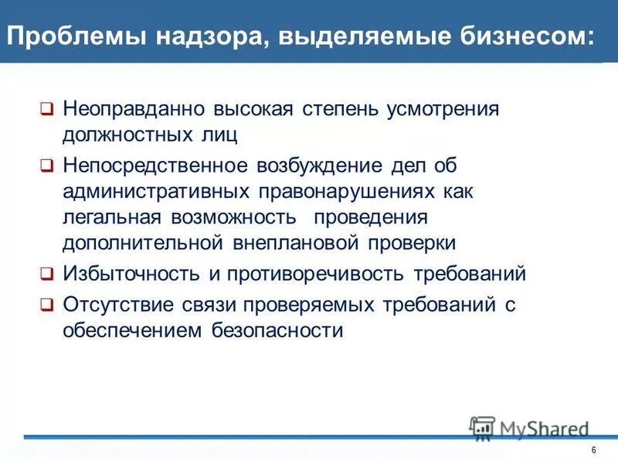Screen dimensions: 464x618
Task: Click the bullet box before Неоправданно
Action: coord(47,109)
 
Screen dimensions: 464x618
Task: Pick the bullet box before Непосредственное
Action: coord(47,165)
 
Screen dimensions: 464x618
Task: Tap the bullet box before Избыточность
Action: coord(47,274)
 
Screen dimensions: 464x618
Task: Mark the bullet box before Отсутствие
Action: coord(47,305)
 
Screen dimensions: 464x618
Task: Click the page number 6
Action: coord(593,451)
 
